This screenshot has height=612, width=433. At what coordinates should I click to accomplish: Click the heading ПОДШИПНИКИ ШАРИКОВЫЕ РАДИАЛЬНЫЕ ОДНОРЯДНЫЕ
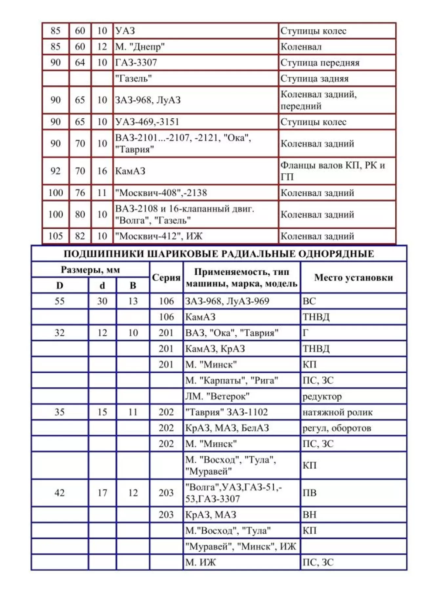218,254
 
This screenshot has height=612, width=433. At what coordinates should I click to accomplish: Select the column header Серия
166,277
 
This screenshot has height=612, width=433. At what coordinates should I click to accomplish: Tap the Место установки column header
353,277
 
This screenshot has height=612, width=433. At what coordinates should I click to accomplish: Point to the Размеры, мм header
90,270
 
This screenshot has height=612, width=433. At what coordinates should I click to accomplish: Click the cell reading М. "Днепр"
140,47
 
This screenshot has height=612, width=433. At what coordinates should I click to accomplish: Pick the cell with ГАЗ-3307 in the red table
136,63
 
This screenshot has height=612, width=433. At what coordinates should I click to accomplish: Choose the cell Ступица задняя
314,79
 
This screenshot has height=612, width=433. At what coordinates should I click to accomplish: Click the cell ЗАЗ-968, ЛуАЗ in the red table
148,100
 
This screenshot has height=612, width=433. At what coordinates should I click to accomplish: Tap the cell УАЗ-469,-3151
147,122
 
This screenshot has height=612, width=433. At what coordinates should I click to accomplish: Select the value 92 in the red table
55,171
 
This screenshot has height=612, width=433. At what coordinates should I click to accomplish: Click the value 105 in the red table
55,236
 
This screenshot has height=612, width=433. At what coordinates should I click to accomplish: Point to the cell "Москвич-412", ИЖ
159,236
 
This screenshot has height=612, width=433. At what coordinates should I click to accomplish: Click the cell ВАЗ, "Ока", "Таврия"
232,333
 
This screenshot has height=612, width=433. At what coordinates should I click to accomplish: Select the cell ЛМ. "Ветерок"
217,396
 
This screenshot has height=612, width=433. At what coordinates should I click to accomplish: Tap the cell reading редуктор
322,396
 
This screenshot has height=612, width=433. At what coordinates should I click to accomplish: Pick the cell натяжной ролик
337,412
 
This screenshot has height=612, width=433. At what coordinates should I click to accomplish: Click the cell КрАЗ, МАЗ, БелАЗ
227,428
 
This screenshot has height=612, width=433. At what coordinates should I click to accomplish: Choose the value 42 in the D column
59,493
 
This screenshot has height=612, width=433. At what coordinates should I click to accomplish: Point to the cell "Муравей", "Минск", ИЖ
240,546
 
